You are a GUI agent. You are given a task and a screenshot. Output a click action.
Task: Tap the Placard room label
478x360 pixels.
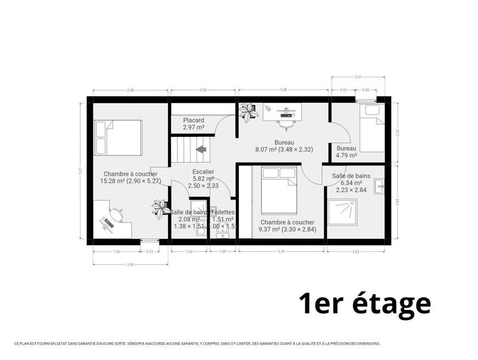pyautogui.click(x=194, y=120)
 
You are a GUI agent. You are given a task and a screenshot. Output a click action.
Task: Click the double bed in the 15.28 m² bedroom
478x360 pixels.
pyautogui.click(x=118, y=137)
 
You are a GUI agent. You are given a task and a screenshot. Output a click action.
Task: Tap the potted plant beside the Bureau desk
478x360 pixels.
pyautogui.click(x=246, y=112)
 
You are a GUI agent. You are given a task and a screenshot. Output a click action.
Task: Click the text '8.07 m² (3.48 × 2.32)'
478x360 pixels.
pyautogui.click(x=284, y=149)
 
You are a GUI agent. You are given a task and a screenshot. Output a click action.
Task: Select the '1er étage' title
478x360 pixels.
pyautogui.click(x=364, y=302)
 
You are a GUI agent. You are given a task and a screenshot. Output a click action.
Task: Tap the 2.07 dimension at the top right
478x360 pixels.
pyautogui.click(x=358, y=78)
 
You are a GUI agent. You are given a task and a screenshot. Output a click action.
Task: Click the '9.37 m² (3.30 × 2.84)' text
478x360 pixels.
pyautogui.click(x=287, y=229)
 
